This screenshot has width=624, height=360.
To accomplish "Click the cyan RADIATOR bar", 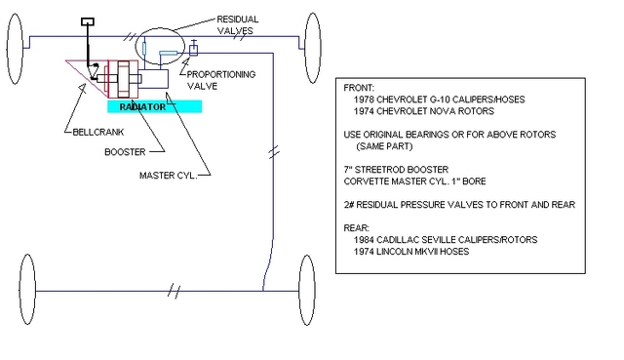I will (141, 105).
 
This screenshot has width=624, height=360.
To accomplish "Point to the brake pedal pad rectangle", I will (87, 20).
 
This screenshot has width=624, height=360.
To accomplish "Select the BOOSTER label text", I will (126, 151).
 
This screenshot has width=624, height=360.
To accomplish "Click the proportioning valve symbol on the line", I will (194, 48).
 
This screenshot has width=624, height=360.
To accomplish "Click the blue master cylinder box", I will (156, 83).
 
